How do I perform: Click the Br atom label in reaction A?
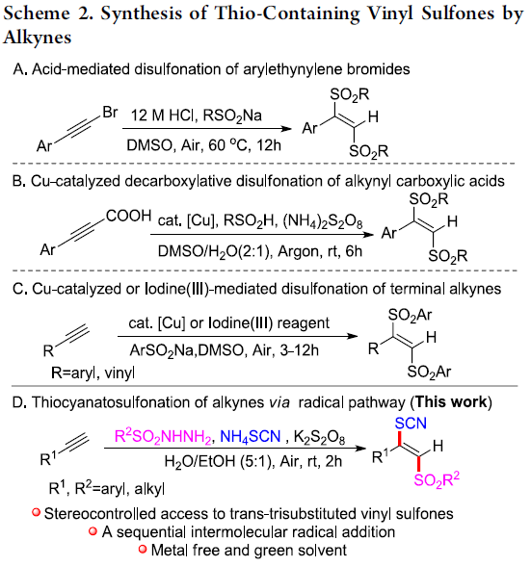[x=110, y=113]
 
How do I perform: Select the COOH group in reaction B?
[x=129, y=216]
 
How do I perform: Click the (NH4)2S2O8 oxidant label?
[x=323, y=221]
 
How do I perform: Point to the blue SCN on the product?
[x=411, y=424]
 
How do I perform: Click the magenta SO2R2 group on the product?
[x=437, y=479]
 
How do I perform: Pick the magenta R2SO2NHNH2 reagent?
[x=163, y=436]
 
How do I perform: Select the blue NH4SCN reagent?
[x=251, y=437]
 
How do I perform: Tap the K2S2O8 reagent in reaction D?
[x=319, y=437]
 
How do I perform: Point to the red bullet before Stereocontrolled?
[x=36, y=512]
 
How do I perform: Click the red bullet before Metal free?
[x=143, y=550]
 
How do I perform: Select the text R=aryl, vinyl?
[x=93, y=373]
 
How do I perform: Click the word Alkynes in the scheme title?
[x=38, y=37]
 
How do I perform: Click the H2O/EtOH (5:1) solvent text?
[x=218, y=461]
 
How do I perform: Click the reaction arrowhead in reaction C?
[x=352, y=337]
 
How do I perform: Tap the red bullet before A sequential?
[x=93, y=531]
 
